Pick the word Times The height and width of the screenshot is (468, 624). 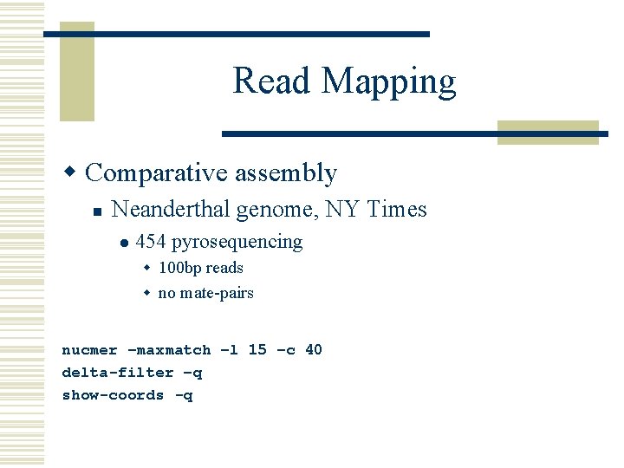click(x=397, y=209)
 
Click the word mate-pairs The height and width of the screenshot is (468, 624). click(x=217, y=293)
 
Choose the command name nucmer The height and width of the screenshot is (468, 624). click(x=89, y=350)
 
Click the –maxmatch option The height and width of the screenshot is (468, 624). click(x=169, y=350)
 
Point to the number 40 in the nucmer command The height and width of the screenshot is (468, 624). click(x=314, y=350)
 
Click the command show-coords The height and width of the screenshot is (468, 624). click(x=113, y=395)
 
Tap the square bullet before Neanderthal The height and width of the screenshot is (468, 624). click(x=98, y=211)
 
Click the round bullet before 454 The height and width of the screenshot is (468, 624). click(x=125, y=243)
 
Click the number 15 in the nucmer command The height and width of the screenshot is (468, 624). click(x=257, y=350)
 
